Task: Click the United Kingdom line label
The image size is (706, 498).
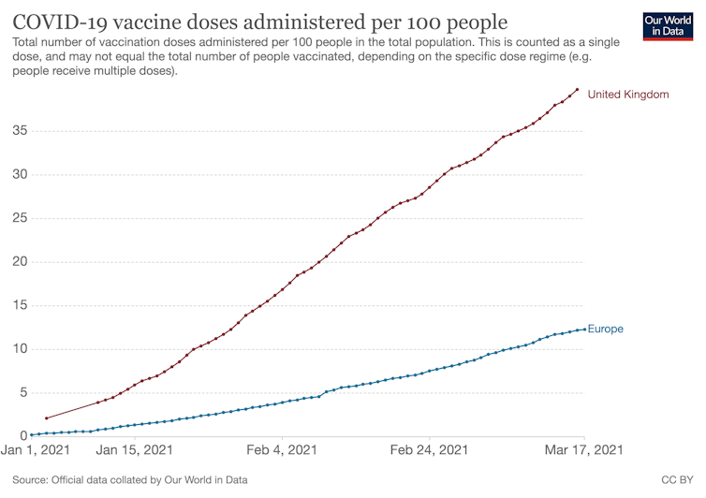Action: pyautogui.click(x=628, y=95)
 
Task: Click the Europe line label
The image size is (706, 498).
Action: pyautogui.click(x=605, y=329)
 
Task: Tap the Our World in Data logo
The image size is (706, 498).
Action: pyautogui.click(x=669, y=25)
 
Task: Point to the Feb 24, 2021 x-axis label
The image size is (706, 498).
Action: pyautogui.click(x=429, y=450)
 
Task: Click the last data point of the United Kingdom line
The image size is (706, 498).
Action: pyautogui.click(x=577, y=90)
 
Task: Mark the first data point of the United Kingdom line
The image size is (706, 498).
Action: pyautogui.click(x=46, y=418)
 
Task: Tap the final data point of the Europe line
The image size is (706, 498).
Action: pyautogui.click(x=584, y=329)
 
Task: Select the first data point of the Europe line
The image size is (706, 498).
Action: pyautogui.click(x=32, y=434)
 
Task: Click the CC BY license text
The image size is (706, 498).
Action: pyautogui.click(x=676, y=480)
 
